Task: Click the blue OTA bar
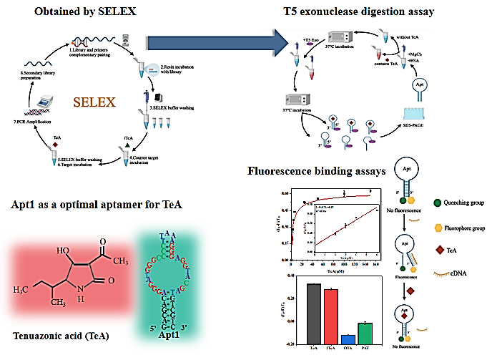[348, 339]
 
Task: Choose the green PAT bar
[365, 333]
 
